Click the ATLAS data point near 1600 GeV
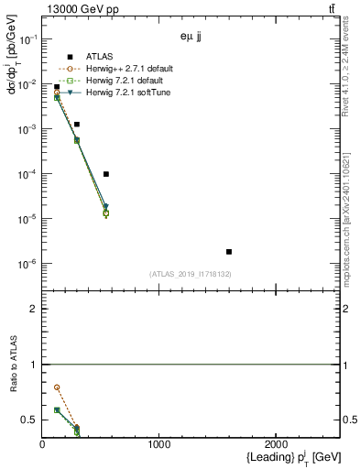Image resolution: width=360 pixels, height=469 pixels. coord(229,251)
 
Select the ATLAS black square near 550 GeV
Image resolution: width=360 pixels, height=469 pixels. coord(106,174)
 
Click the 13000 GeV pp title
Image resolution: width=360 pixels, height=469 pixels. coord(80,8)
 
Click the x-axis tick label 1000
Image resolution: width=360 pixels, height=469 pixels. coord(159,444)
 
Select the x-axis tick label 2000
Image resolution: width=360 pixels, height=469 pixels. coord(277,444)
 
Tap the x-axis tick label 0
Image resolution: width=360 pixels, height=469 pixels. coord(42,444)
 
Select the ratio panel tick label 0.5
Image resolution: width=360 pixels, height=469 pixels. coord(29,420)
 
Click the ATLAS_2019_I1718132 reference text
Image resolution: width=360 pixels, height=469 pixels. coord(191,274)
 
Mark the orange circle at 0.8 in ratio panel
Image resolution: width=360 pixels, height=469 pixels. coord(57,387)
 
